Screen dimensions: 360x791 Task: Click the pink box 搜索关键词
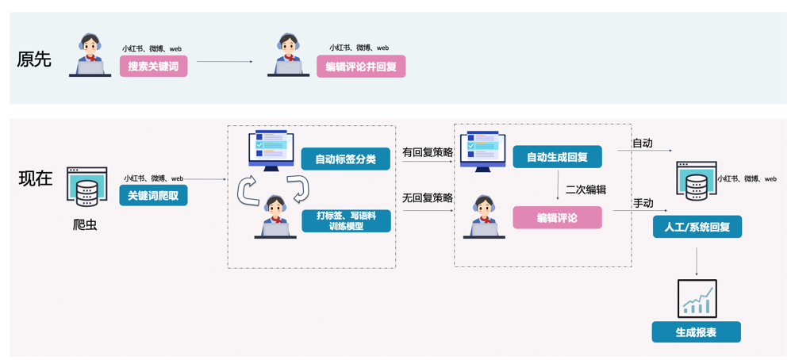pyautogui.click(x=153, y=66)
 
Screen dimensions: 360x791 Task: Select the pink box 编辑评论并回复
pyautogui.click(x=361, y=66)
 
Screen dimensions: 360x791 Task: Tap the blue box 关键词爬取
pyautogui.click(x=153, y=195)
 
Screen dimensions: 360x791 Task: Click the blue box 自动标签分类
pyautogui.click(x=345, y=159)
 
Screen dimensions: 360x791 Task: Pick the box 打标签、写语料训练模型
pyautogui.click(x=346, y=220)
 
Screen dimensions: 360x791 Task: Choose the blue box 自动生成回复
pyautogui.click(x=557, y=157)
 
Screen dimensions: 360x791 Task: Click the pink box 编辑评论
pyautogui.click(x=557, y=217)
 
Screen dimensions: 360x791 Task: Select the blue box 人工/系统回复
pyautogui.click(x=697, y=227)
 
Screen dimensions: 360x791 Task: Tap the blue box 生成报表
pyautogui.click(x=696, y=332)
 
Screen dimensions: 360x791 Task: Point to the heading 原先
pyautogui.click(x=34, y=59)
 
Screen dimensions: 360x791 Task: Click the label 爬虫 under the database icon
pyautogui.click(x=85, y=224)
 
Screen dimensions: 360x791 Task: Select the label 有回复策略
pyautogui.click(x=427, y=151)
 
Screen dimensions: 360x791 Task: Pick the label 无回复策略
pyautogui.click(x=427, y=197)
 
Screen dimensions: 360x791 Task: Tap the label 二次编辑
pyautogui.click(x=586, y=190)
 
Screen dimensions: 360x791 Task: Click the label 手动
pyautogui.click(x=643, y=203)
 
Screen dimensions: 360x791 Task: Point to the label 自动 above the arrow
pyautogui.click(x=642, y=144)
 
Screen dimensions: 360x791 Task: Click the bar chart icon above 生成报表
pyautogui.click(x=697, y=298)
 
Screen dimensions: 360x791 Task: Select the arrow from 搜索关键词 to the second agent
pyautogui.click(x=225, y=62)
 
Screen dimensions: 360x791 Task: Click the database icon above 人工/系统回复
pyautogui.click(x=696, y=181)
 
